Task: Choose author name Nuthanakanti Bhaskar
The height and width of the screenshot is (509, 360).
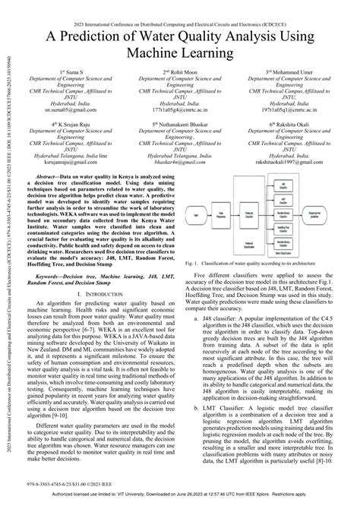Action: [x=188, y=123]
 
